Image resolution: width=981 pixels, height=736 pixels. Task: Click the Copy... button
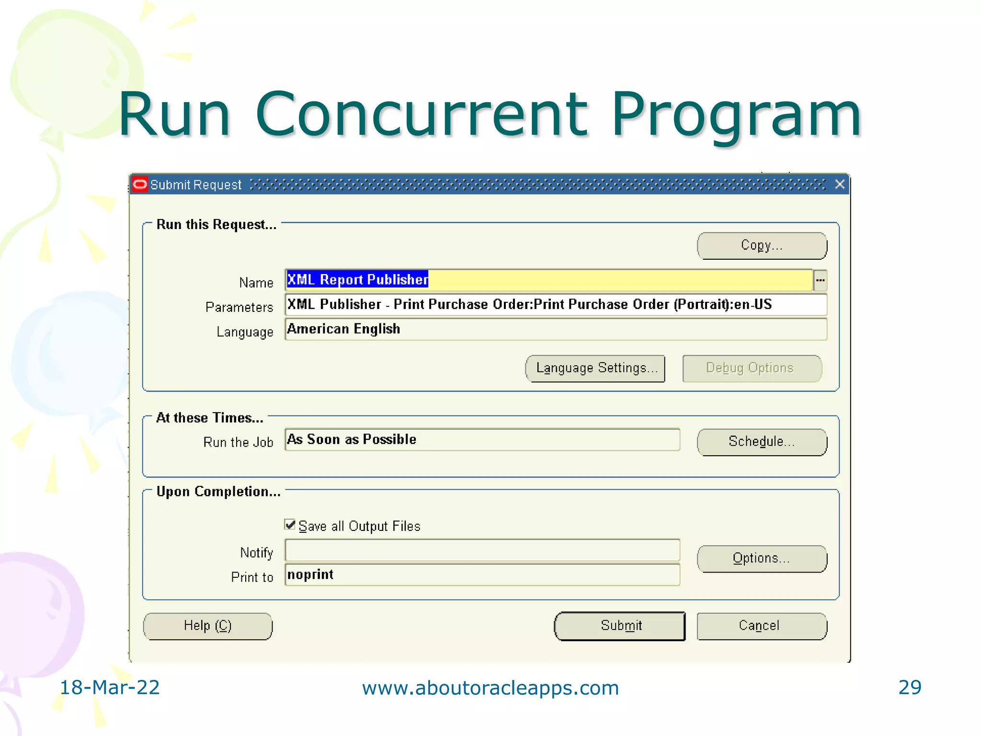coord(762,246)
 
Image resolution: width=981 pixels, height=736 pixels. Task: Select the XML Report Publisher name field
coord(548,280)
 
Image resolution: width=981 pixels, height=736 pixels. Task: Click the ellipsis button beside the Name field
coord(820,280)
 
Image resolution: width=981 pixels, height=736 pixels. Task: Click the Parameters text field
coord(556,305)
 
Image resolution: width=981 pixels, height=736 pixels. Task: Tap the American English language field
coord(556,329)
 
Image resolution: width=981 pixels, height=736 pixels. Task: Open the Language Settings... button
coord(595,368)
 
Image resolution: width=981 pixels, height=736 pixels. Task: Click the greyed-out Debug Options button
coord(752,368)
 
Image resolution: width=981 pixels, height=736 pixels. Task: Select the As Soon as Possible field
coord(482,440)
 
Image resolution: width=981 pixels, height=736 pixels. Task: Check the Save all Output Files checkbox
coord(290,525)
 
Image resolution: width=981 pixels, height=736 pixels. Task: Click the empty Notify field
coord(482,550)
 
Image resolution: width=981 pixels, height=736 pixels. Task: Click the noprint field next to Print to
coord(482,575)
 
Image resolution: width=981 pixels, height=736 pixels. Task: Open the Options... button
coord(762,559)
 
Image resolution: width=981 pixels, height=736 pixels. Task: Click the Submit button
coord(620,626)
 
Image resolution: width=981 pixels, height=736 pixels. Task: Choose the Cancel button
coord(762,626)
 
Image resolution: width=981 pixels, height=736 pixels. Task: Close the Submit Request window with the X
coord(840,184)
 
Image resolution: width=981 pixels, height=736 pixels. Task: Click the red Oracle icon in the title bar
coord(140,184)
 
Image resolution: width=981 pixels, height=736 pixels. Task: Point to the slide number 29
coord(910,688)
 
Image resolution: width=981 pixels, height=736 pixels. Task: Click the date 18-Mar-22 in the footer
coord(109,688)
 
